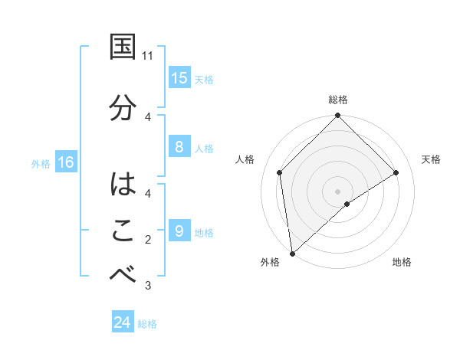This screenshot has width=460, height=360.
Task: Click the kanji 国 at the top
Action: tap(123, 47)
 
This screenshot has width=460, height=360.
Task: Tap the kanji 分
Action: tap(123, 106)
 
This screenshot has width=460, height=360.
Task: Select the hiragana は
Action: tap(123, 185)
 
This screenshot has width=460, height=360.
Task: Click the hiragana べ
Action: tap(123, 275)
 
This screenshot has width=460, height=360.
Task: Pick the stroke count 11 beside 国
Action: tap(148, 56)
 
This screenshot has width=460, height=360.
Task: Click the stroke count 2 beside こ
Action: tap(148, 240)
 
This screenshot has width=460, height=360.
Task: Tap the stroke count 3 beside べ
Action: tap(148, 286)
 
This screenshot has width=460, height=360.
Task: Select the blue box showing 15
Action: tap(179, 78)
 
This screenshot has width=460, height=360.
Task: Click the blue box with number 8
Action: tap(179, 148)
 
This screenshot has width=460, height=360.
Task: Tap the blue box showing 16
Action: tap(65, 162)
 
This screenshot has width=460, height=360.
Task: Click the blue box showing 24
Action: tap(123, 323)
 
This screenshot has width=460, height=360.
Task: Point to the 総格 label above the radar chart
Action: tap(338, 100)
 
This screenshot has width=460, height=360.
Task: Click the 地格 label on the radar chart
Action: tap(402, 263)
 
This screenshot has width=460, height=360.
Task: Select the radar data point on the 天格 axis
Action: tap(396, 172)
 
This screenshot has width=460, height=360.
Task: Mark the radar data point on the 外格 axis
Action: tap(291, 253)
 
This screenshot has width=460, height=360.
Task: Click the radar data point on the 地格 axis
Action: tap(347, 204)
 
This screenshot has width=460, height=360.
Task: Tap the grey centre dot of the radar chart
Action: tap(337, 191)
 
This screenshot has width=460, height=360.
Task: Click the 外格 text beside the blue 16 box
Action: tap(40, 163)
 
